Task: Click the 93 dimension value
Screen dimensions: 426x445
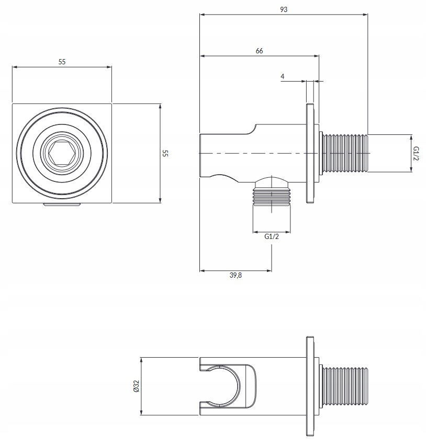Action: pyautogui.click(x=284, y=9)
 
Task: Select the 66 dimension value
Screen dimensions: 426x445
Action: pyautogui.click(x=259, y=51)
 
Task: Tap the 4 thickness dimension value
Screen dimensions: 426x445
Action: pyautogui.click(x=282, y=76)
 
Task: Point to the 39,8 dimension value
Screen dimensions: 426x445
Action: pyautogui.click(x=236, y=275)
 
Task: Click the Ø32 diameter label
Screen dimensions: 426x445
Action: pyautogui.click(x=137, y=386)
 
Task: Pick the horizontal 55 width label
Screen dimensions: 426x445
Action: pyautogui.click(x=62, y=62)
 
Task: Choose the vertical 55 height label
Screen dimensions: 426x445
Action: pyautogui.click(x=165, y=153)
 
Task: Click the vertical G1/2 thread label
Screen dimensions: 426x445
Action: pyautogui.click(x=416, y=153)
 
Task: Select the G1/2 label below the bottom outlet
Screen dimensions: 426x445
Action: pyautogui.click(x=272, y=236)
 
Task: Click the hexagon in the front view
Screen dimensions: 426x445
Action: pyautogui.click(x=62, y=153)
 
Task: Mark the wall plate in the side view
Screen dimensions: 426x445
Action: pyautogui.click(x=310, y=153)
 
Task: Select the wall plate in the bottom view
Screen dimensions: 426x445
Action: pyautogui.click(x=310, y=386)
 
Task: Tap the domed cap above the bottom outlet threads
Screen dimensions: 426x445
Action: pyautogui.click(x=272, y=182)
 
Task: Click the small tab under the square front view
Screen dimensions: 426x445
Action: pyautogui.click(x=62, y=204)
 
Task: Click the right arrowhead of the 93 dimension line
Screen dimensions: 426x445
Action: pyautogui.click(x=366, y=15)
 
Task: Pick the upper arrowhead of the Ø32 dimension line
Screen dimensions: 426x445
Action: pyautogui.click(x=141, y=360)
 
